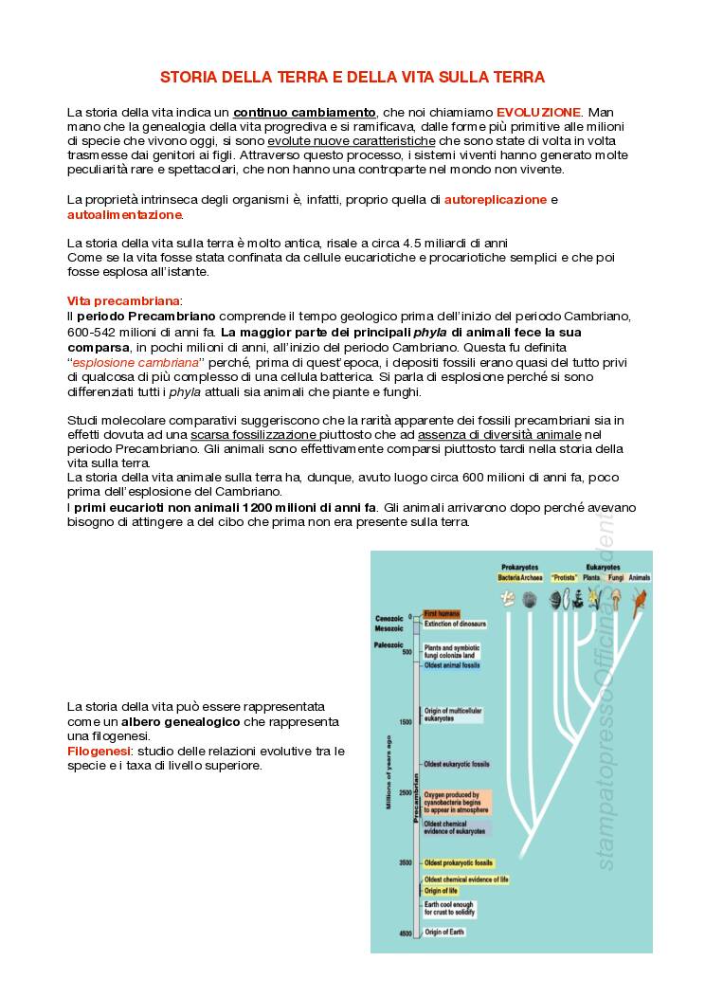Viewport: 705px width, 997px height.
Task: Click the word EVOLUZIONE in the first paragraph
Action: pos(537,112)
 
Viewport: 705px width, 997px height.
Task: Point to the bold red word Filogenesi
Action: pos(99,751)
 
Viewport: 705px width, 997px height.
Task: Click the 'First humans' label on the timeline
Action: pos(442,614)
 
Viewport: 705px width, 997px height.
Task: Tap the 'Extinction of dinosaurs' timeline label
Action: pos(455,624)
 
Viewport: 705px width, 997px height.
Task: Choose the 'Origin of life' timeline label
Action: pos(441,891)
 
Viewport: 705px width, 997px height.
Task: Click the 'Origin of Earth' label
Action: pos(444,933)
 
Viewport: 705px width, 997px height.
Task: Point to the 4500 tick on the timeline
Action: pos(405,934)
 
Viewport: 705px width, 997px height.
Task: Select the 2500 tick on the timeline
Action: pos(405,792)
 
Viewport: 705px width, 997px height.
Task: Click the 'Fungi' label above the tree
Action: pos(615,576)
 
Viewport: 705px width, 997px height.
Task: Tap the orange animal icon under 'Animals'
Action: pos(640,598)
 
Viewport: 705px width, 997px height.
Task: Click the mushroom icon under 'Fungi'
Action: pos(616,598)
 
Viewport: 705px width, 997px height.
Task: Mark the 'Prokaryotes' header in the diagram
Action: pos(519,566)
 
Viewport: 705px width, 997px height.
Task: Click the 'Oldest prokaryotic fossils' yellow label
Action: pos(459,863)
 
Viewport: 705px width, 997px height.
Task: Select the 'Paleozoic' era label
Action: pos(390,644)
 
